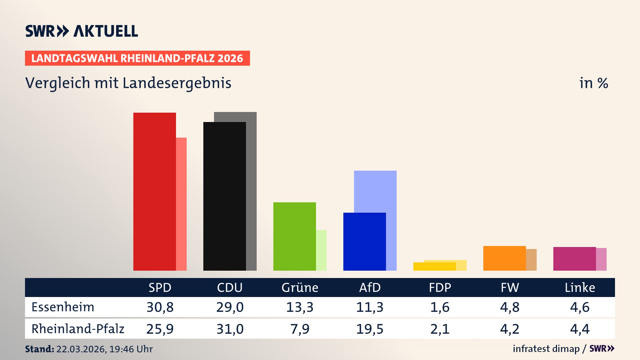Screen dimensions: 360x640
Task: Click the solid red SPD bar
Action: [154, 192]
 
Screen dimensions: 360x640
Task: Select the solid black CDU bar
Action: [224, 196]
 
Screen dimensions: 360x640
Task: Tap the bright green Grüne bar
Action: [294, 236]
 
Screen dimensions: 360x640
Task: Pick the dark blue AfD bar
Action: [364, 242]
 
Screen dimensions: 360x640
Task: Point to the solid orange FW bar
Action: [504, 258]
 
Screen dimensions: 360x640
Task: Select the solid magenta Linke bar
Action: [574, 259]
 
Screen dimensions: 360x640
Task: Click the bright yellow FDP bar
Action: [434, 267]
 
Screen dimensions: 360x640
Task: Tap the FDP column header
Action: [440, 288]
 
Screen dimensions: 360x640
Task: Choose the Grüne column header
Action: [300, 288]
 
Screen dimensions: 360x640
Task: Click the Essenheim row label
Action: [63, 307]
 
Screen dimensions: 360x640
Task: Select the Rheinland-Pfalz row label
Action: [78, 329]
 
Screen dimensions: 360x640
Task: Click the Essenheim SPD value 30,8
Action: [160, 307]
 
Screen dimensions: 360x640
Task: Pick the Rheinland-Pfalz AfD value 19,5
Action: [370, 329]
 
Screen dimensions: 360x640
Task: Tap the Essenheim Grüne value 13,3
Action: [300, 307]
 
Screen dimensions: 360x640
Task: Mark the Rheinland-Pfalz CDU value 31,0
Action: [230, 329]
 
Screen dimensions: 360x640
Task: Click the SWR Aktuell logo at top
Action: [82, 31]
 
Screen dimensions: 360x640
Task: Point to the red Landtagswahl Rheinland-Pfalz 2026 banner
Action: [137, 58]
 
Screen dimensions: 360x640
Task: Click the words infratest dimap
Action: [546, 349]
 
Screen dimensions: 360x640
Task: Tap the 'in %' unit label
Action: [593, 83]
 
